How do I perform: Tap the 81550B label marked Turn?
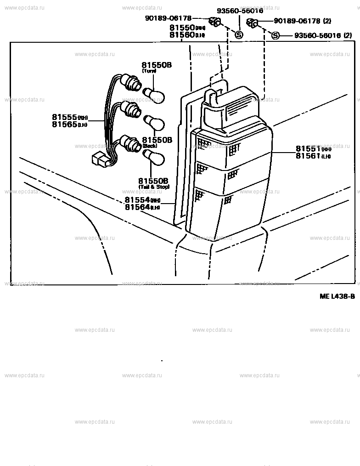[156, 65]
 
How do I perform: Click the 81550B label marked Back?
[156, 140]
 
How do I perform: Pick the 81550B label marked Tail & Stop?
[154, 181]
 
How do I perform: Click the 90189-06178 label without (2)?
[168, 18]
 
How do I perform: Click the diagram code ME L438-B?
[337, 296]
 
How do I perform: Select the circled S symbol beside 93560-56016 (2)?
[275, 35]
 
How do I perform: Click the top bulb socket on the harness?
[134, 84]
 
